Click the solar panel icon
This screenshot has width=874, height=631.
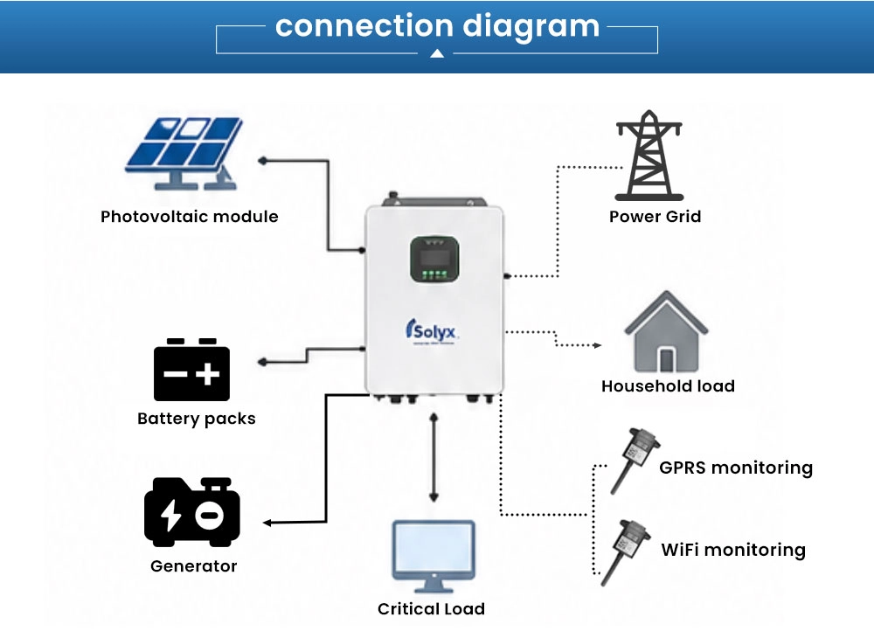184,153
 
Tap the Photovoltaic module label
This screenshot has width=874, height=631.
190,216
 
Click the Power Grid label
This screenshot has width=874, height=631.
655,216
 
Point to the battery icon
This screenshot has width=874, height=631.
191,370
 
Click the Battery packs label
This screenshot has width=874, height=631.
196,419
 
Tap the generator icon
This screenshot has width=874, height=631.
192,512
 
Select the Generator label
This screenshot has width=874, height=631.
193,566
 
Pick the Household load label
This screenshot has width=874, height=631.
668,385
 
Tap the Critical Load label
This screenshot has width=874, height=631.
431,608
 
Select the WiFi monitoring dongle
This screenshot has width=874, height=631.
626,551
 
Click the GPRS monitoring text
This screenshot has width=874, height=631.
736,468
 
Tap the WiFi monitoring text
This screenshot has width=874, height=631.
733,551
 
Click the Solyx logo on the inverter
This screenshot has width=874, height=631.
432,331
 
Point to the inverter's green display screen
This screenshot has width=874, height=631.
434,260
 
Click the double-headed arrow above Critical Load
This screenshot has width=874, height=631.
434,458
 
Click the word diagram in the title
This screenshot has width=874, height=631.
531,27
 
